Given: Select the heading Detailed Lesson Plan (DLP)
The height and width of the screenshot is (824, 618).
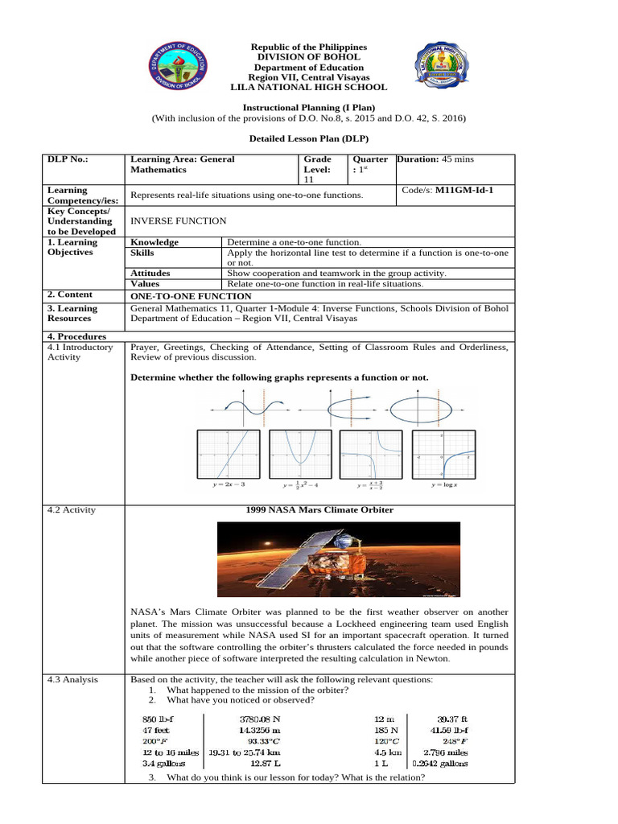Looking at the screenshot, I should tap(309, 139).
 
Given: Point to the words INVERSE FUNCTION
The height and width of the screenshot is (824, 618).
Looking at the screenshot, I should tap(178, 220).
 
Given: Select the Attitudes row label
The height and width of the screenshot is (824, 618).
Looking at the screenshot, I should tap(150, 273).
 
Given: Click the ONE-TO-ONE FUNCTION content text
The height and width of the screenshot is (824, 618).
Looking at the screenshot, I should tap(184, 295).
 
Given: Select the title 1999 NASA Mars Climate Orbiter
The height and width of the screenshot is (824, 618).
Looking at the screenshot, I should tap(319, 509).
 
